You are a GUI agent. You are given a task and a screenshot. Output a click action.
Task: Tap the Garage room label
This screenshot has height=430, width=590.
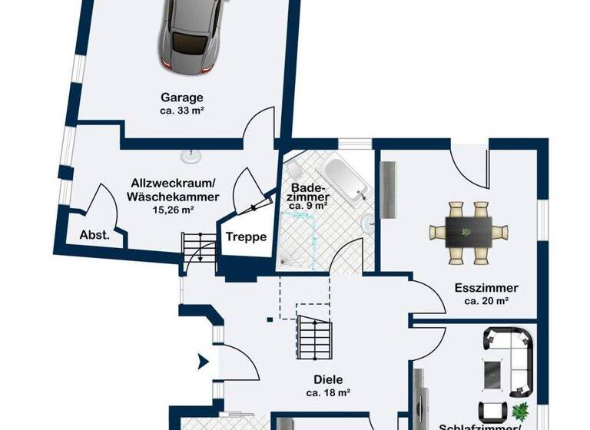(x=182, y=98)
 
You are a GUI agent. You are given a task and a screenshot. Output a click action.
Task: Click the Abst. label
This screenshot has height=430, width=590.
(x=94, y=236)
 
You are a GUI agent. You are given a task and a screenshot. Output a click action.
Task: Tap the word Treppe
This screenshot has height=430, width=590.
(x=246, y=237)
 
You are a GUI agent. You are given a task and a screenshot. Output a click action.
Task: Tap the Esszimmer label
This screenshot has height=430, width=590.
(x=486, y=289)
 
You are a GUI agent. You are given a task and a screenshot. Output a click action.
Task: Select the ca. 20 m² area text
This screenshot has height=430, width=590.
(x=486, y=301)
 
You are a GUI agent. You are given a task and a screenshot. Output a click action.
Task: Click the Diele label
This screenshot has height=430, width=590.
(x=327, y=379)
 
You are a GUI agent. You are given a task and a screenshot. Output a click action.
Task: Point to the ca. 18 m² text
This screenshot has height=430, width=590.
(x=327, y=392)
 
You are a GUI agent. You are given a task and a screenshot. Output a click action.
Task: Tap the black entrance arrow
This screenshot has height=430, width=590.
(x=204, y=360)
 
